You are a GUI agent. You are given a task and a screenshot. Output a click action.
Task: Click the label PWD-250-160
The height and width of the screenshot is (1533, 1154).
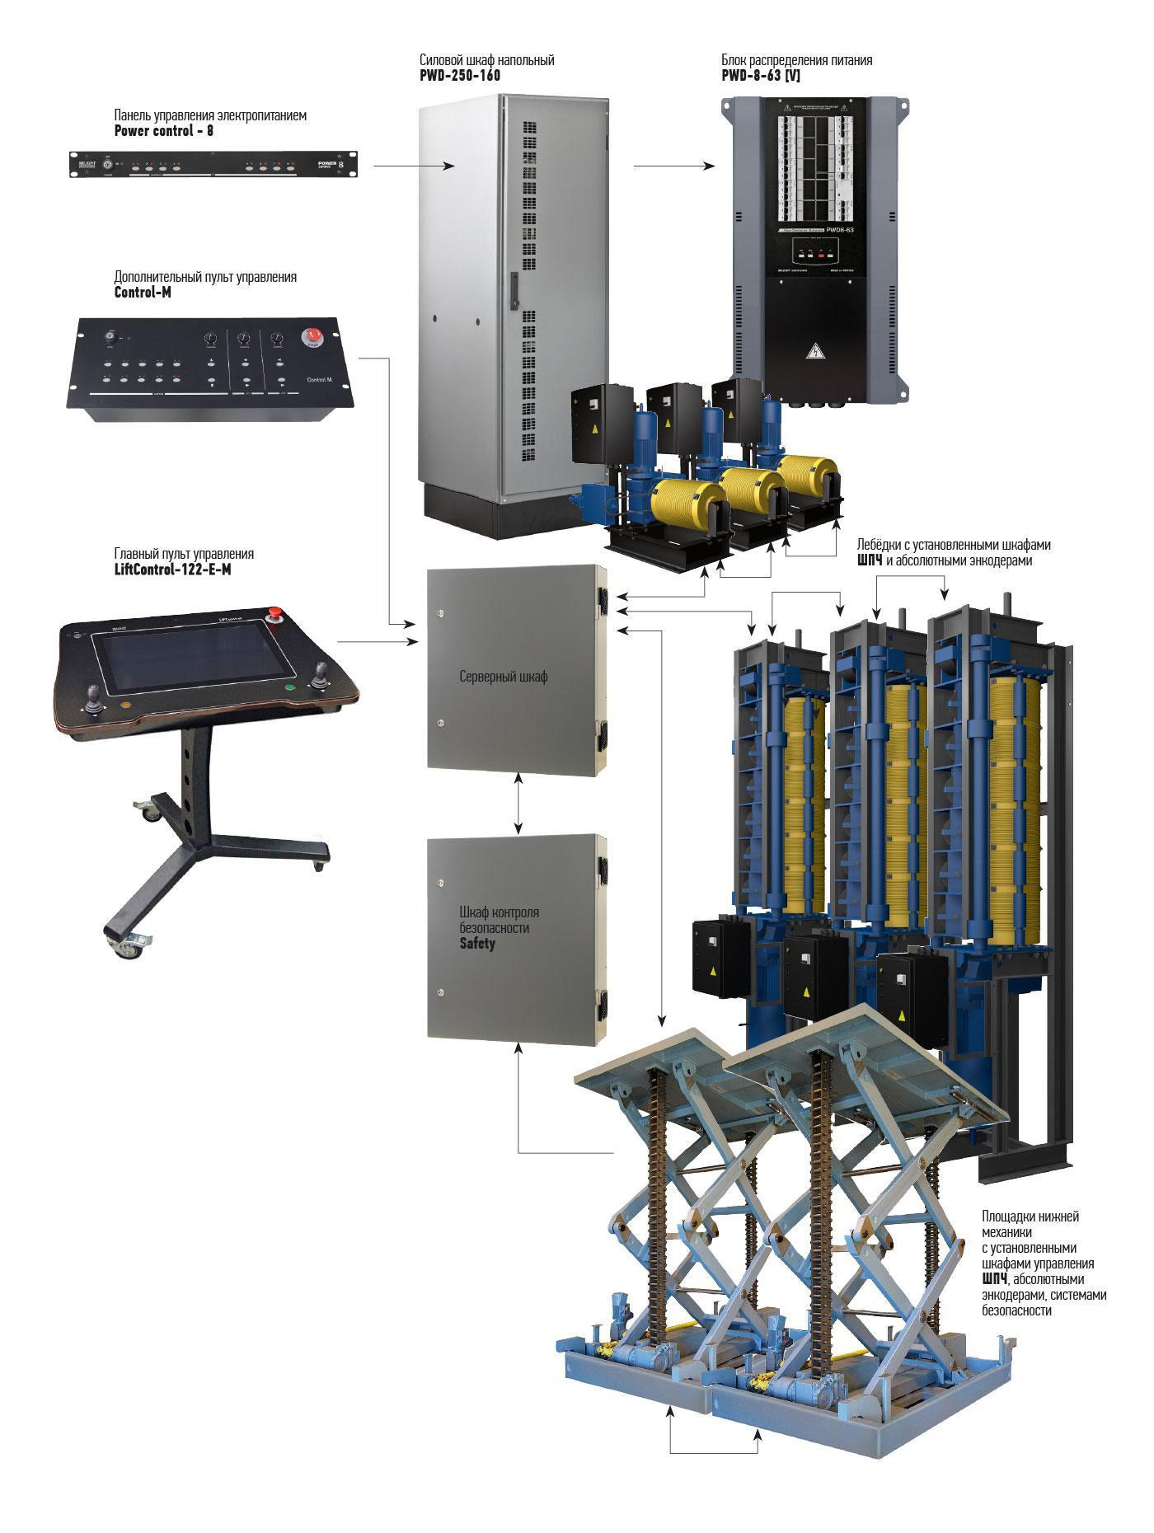pyautogui.click(x=460, y=76)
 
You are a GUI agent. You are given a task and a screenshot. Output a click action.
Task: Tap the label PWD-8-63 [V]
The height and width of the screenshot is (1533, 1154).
pyautogui.click(x=761, y=76)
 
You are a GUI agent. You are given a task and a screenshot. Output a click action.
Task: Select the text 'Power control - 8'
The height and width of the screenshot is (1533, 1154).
pyautogui.click(x=163, y=130)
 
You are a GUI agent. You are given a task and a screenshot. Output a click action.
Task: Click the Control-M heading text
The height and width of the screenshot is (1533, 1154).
pyautogui.click(x=143, y=292)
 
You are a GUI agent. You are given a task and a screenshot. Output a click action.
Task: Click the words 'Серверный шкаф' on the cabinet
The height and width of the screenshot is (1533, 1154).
pyautogui.click(x=503, y=677)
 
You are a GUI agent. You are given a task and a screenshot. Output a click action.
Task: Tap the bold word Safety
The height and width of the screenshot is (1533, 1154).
pyautogui.click(x=477, y=944)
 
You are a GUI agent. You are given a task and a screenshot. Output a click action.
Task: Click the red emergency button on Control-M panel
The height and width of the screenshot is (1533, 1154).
pyautogui.click(x=313, y=335)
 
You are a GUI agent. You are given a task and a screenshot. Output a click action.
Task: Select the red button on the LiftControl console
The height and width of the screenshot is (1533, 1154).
pyautogui.click(x=275, y=613)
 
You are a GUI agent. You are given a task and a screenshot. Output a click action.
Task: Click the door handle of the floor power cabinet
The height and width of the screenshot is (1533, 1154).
pyautogui.click(x=513, y=290)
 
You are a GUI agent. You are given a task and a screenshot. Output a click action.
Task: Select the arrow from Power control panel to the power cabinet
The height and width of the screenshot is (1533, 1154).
pyautogui.click(x=414, y=166)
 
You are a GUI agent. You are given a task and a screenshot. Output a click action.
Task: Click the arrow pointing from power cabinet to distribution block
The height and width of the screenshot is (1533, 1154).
pyautogui.click(x=674, y=166)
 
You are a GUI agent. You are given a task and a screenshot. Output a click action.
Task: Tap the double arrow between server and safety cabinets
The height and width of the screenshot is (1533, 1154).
pyautogui.click(x=518, y=803)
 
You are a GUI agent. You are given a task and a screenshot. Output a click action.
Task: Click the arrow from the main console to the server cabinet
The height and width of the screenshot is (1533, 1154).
pyautogui.click(x=379, y=641)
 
